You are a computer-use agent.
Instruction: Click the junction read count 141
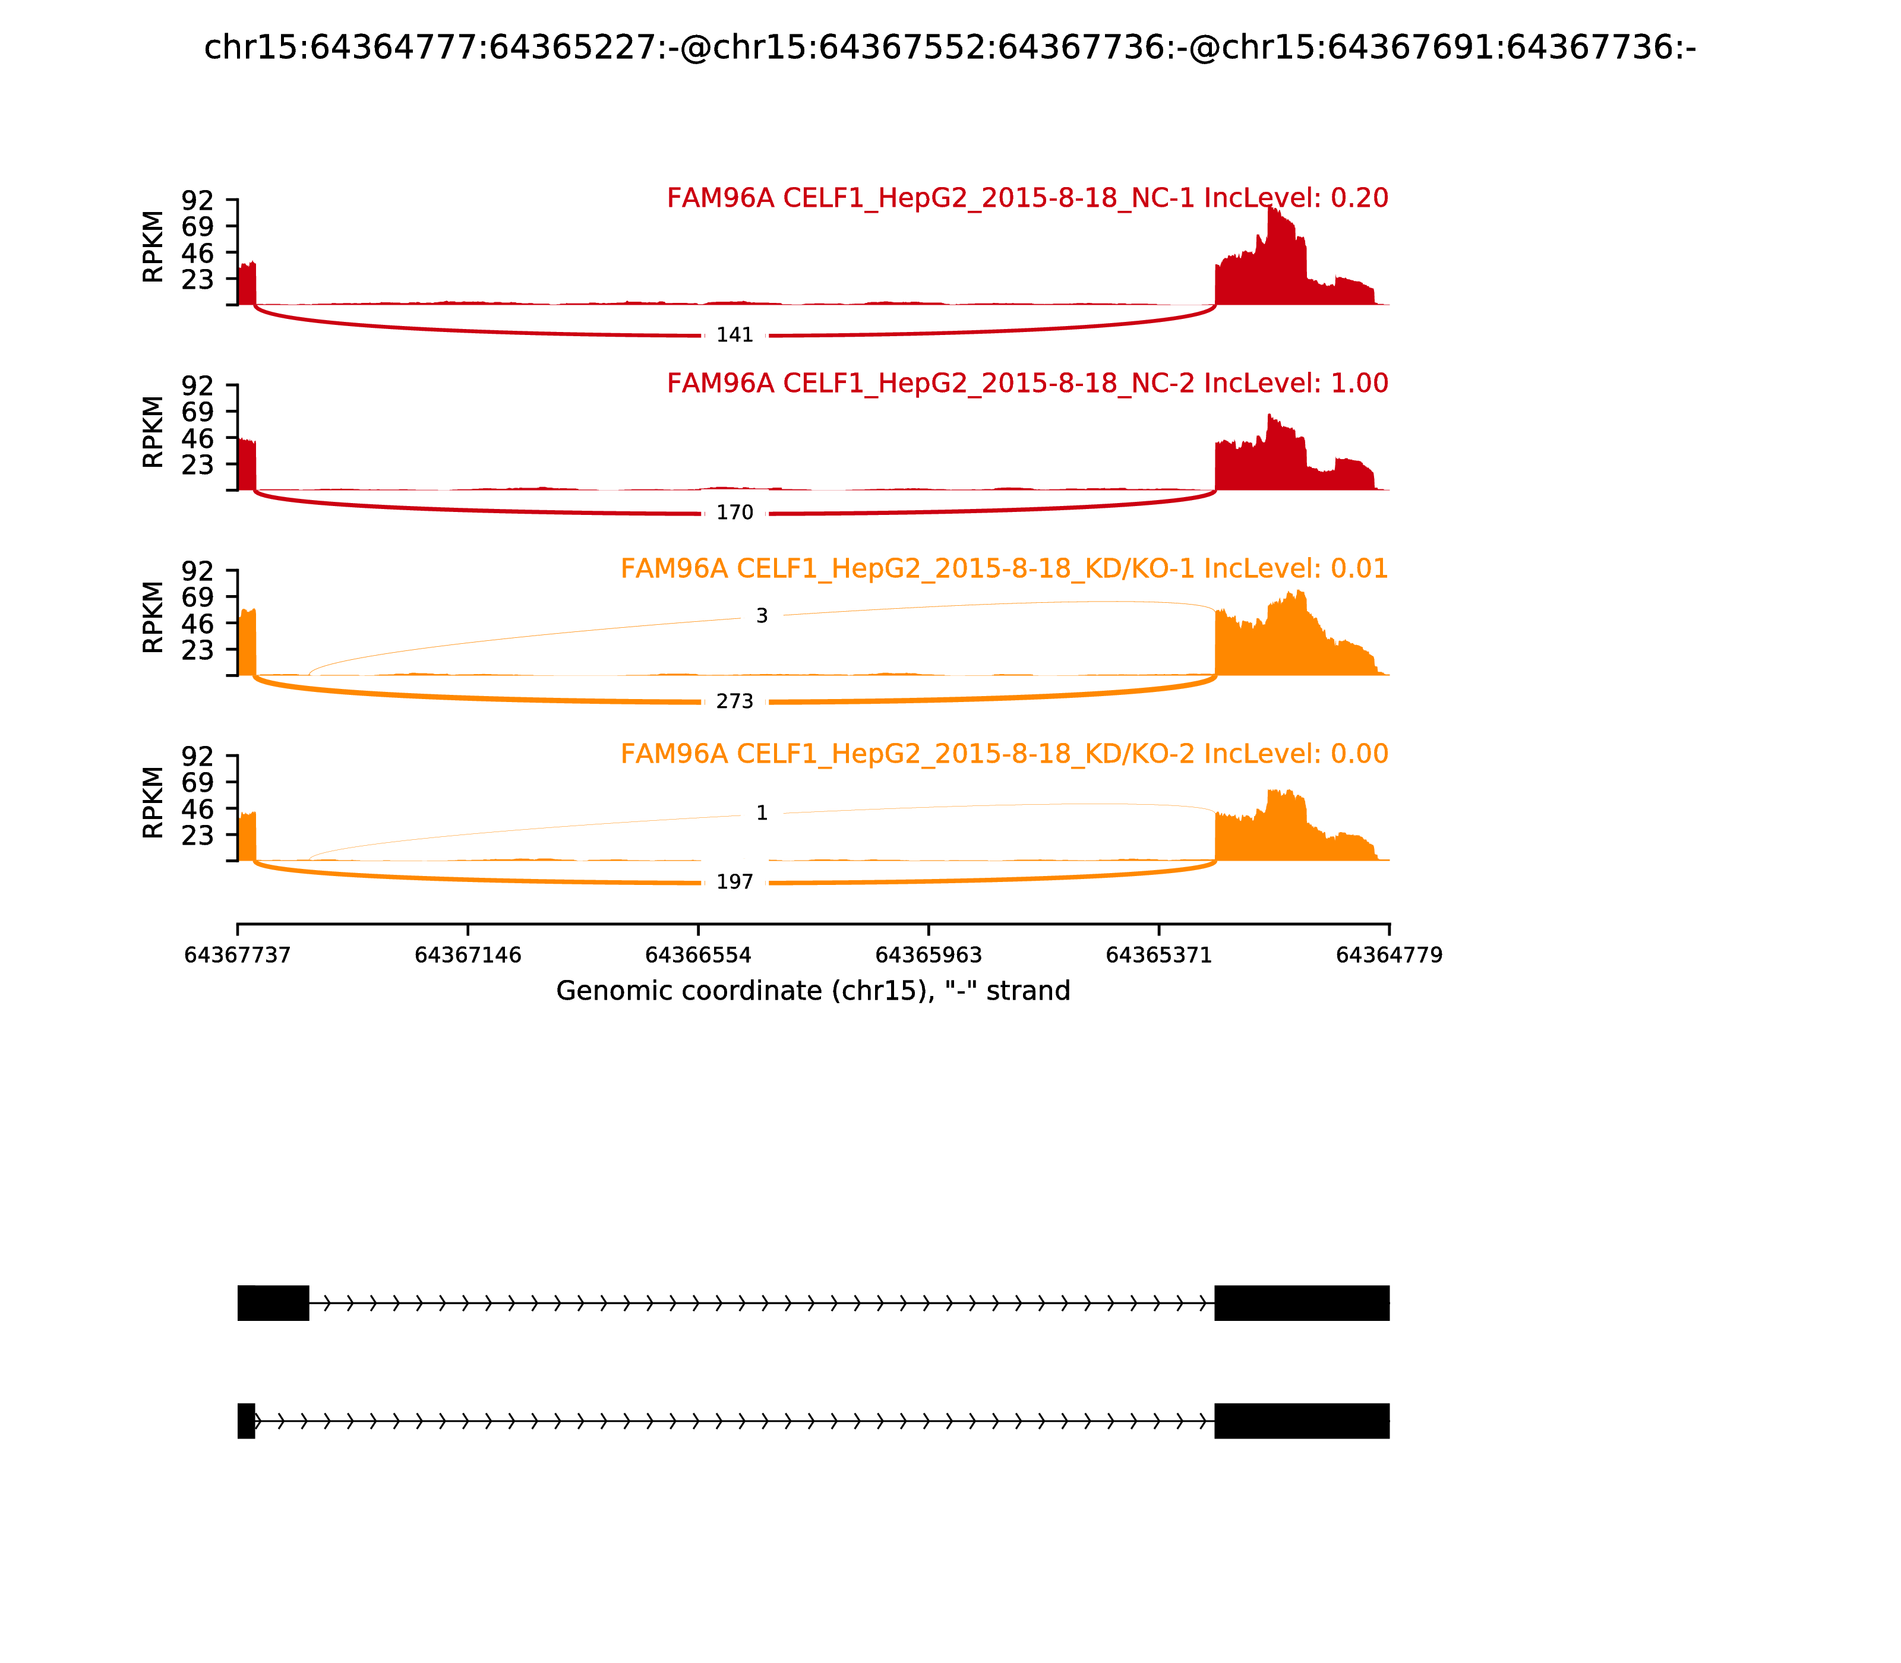click(x=734, y=335)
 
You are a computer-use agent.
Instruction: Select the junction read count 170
click(x=734, y=513)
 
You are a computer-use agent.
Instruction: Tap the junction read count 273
click(x=734, y=701)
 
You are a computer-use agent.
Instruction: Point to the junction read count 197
click(x=734, y=881)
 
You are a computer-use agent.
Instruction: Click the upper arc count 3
click(x=761, y=616)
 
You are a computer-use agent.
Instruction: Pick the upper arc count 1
click(x=761, y=813)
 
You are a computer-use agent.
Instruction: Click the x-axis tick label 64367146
click(x=468, y=956)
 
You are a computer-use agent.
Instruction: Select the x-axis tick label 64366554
click(x=698, y=956)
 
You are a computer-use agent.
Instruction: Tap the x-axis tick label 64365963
click(x=928, y=956)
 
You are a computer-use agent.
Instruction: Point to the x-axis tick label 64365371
click(x=1158, y=956)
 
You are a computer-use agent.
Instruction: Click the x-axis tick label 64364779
click(x=1389, y=956)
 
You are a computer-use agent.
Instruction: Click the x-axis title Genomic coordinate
click(x=813, y=991)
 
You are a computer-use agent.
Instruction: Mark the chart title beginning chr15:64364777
click(x=949, y=48)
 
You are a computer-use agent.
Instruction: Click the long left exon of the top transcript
click(x=273, y=1303)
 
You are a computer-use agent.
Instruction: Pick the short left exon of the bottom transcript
click(x=246, y=1421)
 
